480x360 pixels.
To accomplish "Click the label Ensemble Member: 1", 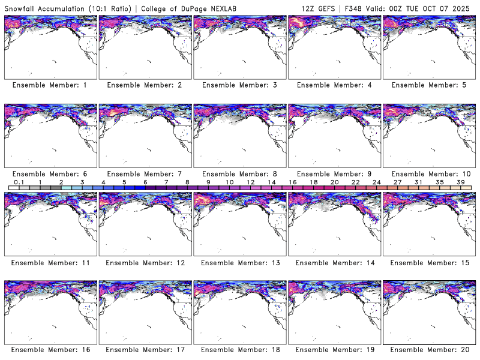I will [x=50, y=85].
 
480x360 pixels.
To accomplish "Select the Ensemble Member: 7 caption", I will [x=145, y=173].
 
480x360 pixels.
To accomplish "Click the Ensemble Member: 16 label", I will [x=50, y=350].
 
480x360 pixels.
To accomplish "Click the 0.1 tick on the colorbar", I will [x=19, y=182].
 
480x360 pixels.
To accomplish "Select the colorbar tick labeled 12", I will [x=250, y=182].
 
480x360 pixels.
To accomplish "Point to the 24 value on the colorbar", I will [x=376, y=182].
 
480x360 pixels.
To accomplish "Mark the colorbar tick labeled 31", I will [x=418, y=182].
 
